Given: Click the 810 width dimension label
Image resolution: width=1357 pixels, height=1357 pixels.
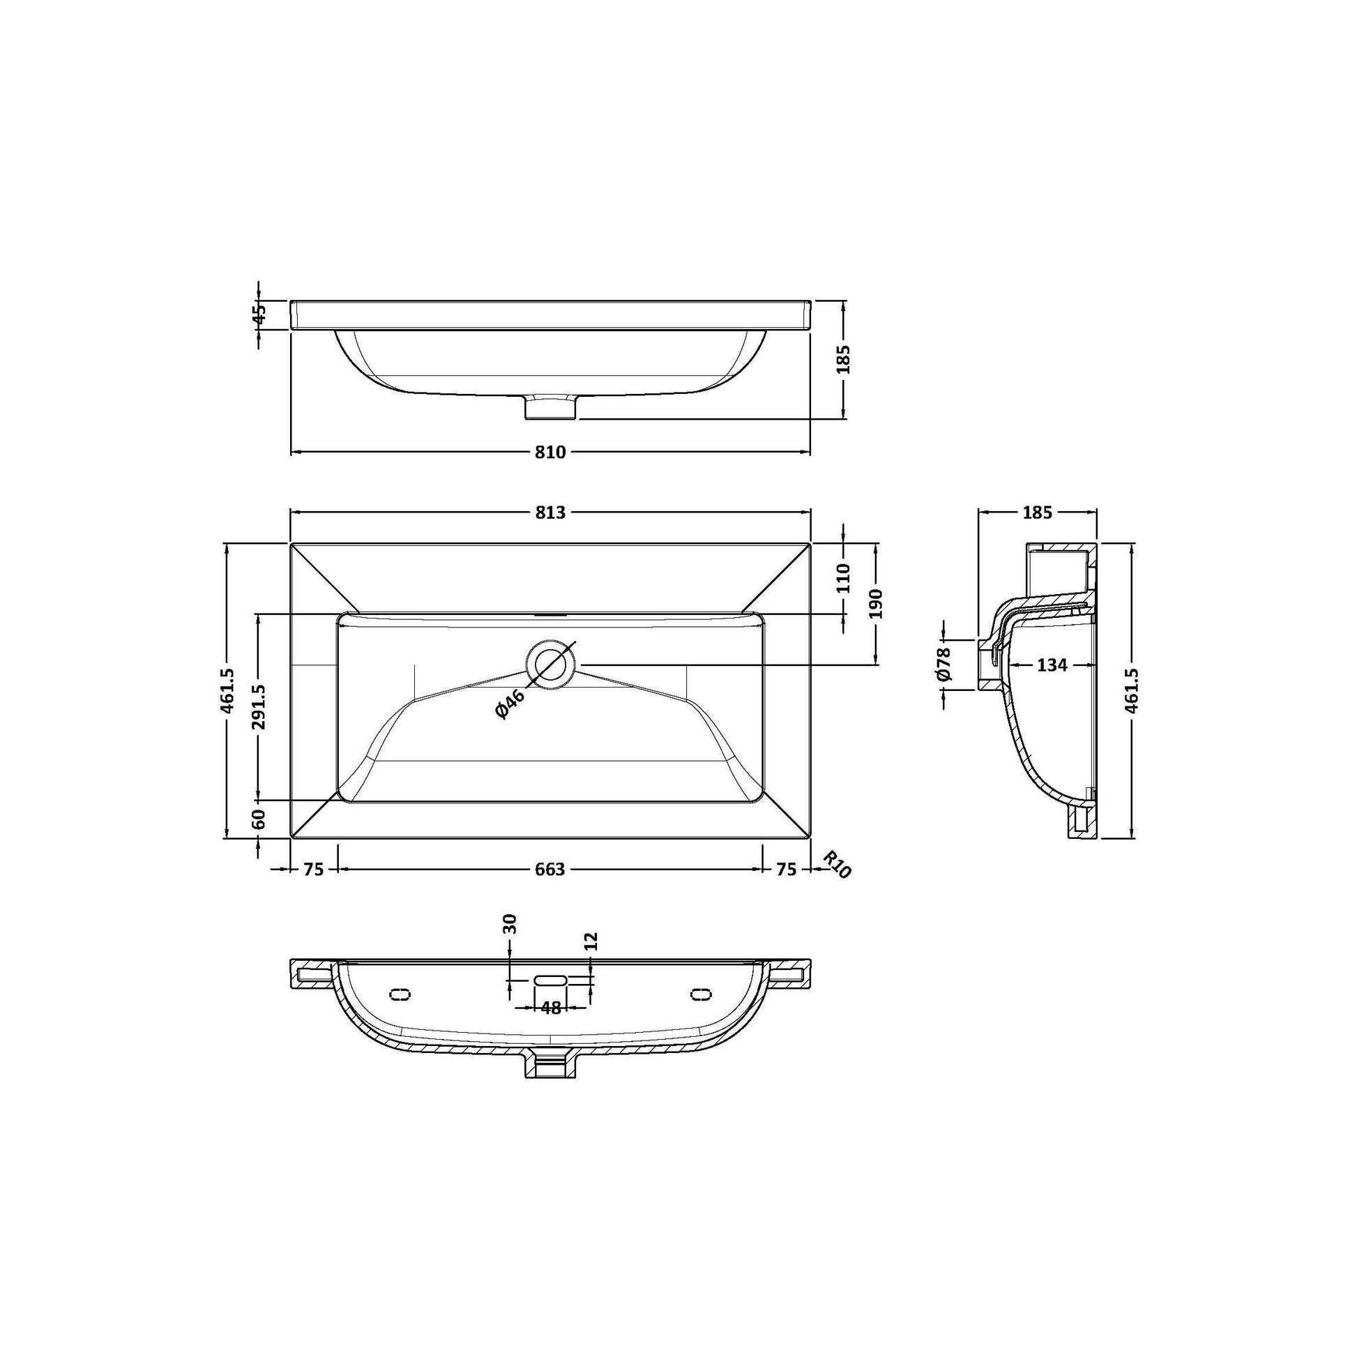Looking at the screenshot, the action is (x=550, y=453).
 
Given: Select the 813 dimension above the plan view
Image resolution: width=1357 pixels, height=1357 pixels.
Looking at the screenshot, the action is (x=550, y=513).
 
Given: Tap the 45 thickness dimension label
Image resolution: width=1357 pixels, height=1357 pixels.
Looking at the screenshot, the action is (x=259, y=312).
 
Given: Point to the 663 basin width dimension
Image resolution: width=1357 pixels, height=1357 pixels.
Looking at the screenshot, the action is (x=550, y=870).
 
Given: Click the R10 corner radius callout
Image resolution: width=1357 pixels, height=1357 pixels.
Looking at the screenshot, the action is (x=837, y=864).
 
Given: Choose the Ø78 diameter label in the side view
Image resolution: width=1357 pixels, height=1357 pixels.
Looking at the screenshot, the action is (x=943, y=664).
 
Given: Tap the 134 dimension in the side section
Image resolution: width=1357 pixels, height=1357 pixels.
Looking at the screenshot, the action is (x=1052, y=665).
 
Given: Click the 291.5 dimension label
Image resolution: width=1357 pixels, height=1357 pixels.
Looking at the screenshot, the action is (x=259, y=707).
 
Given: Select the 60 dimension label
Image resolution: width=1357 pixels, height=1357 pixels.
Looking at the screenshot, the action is (x=259, y=819).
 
